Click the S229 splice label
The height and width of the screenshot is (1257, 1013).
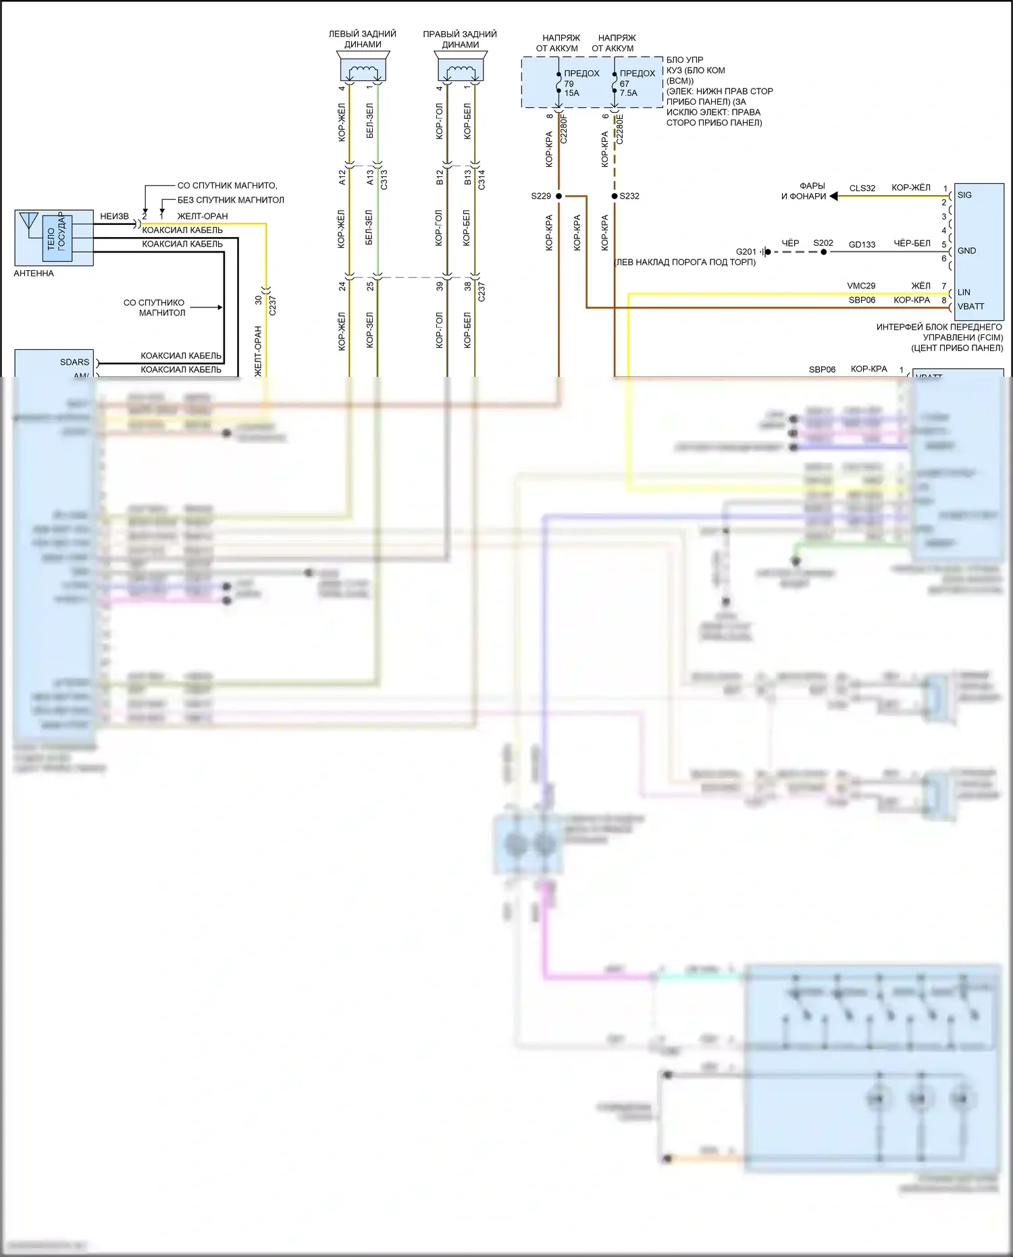click(541, 197)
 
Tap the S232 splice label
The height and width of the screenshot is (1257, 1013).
click(629, 197)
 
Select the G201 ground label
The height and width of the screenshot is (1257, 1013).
click(746, 252)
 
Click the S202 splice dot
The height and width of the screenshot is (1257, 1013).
click(823, 252)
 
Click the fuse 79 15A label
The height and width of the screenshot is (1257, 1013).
click(571, 88)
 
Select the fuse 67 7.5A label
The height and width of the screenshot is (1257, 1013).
click(628, 88)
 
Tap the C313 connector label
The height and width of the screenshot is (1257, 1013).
click(384, 179)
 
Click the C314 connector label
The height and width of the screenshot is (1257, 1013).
click(482, 179)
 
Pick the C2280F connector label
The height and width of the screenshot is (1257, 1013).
click(564, 129)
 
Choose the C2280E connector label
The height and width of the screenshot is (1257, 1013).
click(620, 129)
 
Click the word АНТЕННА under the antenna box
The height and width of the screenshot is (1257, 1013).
click(34, 274)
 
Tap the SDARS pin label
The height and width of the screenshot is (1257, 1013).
click(74, 362)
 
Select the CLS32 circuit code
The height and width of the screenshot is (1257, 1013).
click(862, 188)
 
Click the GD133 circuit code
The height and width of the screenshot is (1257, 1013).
click(862, 245)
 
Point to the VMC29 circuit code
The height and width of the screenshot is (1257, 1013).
click(861, 286)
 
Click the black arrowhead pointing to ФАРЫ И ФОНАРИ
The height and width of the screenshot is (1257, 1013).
click(833, 196)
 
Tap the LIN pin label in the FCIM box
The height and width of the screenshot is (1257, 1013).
click(964, 292)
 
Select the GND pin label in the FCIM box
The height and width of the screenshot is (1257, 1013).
click(966, 251)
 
